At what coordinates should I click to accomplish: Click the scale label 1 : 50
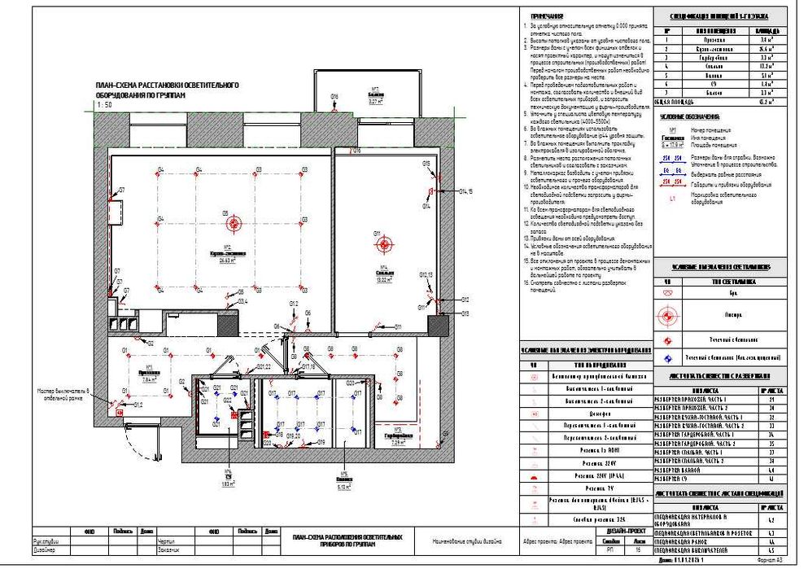pyautogui.click(x=104, y=105)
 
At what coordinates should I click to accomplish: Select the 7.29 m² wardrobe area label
pyautogui.click(x=399, y=444)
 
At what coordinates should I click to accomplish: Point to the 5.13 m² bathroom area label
pyautogui.click(x=344, y=488)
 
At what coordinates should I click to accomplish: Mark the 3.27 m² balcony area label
pyautogui.click(x=376, y=102)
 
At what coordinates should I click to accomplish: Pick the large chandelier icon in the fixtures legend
pyautogui.click(x=668, y=312)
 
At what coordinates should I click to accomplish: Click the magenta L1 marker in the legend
pyautogui.click(x=672, y=198)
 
